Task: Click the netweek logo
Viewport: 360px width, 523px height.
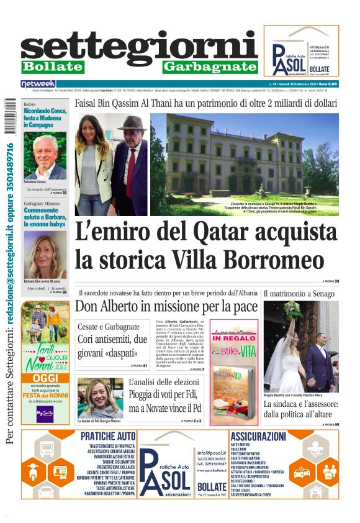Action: click(x=38, y=83)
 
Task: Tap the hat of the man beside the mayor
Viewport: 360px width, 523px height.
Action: click(x=132, y=122)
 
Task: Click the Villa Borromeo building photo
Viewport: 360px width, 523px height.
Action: click(x=245, y=155)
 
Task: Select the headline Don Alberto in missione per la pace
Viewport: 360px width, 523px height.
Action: click(x=166, y=306)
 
